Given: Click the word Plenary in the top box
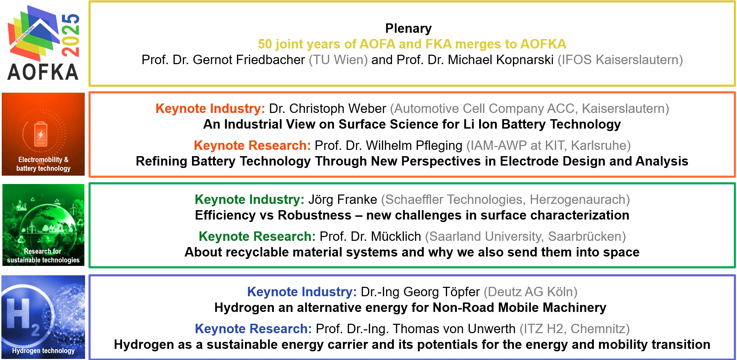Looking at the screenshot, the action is [x=408, y=29].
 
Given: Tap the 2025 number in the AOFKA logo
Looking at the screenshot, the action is [x=70, y=35].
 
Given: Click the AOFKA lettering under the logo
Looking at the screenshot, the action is [x=43, y=72].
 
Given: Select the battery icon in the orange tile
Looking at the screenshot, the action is [x=41, y=134].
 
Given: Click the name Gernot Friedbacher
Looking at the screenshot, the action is [x=249, y=60].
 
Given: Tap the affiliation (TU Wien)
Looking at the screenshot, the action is [x=338, y=60].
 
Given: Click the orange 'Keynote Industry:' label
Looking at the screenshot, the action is [x=210, y=109].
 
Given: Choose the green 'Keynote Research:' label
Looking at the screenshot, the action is [x=257, y=237].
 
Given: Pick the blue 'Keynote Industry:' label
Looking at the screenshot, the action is [x=302, y=292].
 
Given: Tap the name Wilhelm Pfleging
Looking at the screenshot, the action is [x=414, y=146].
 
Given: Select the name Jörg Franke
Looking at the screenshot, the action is [x=343, y=200].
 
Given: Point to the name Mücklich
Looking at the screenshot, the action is [x=396, y=237].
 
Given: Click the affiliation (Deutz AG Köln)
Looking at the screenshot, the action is [x=530, y=292].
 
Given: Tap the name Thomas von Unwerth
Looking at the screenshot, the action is [x=454, y=329].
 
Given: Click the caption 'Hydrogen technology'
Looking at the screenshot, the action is [x=43, y=351].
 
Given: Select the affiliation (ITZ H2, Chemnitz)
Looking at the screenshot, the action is [x=575, y=329].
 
